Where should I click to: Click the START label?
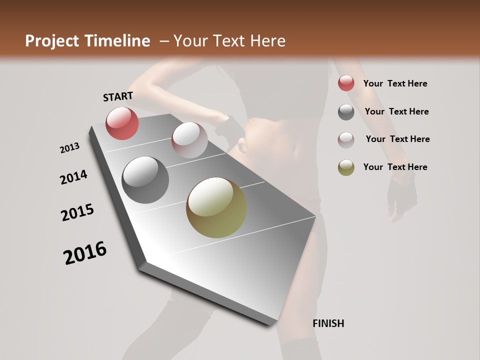[118, 96]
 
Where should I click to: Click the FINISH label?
[328, 323]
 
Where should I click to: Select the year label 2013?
[70, 148]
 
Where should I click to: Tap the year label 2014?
[73, 177]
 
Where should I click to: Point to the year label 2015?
[77, 212]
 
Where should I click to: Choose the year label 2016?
[85, 253]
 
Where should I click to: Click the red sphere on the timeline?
[122, 123]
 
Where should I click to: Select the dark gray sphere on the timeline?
[145, 180]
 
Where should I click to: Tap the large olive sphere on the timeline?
[216, 207]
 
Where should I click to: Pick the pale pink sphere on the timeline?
[189, 139]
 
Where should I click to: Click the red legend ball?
[346, 83]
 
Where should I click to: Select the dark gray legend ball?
[346, 112]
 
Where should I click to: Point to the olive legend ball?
[346, 167]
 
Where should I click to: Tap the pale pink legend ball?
[346, 140]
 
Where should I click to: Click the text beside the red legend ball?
[395, 83]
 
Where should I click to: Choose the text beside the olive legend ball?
[395, 167]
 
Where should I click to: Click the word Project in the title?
[51, 41]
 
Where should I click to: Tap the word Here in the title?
[267, 41]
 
